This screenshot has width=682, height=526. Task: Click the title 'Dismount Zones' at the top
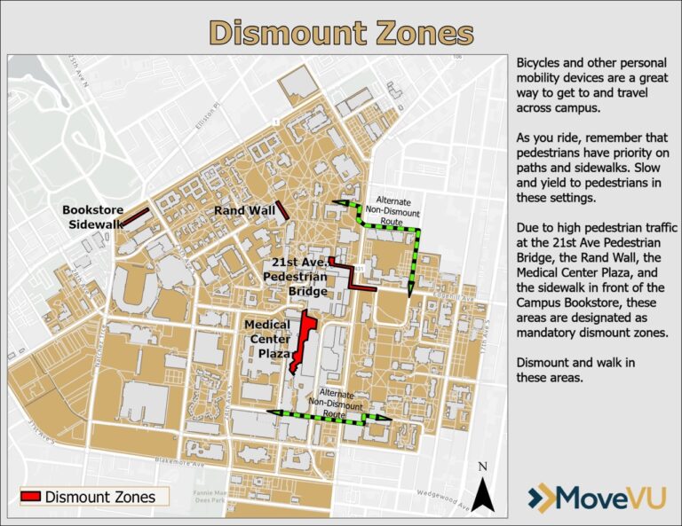pyautogui.click(x=341, y=33)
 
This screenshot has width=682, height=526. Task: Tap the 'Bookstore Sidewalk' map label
pyautogui.click(x=92, y=217)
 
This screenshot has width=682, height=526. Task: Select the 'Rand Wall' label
pyautogui.click(x=244, y=211)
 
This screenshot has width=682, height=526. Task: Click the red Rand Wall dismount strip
pyautogui.click(x=282, y=210)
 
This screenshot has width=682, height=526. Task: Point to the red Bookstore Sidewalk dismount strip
pyautogui.click(x=133, y=216)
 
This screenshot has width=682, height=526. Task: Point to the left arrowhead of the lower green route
pyautogui.click(x=272, y=413)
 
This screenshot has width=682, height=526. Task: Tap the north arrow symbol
pyautogui.click(x=482, y=489)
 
